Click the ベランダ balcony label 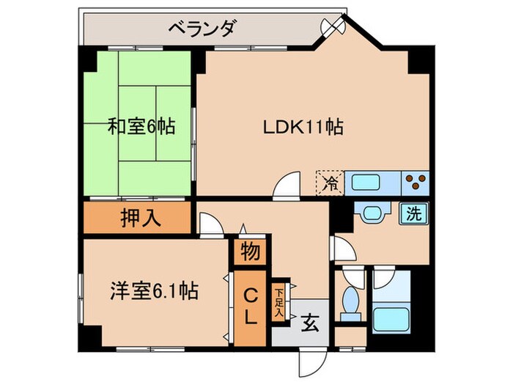pos(201,29)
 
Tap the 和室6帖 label pos(141,127)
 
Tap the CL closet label pos(250,308)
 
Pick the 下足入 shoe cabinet pos(279,302)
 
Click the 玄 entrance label pos(309,320)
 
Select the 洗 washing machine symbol pos(413,215)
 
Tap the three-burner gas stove pos(416,181)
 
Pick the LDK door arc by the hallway pos(287,185)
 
